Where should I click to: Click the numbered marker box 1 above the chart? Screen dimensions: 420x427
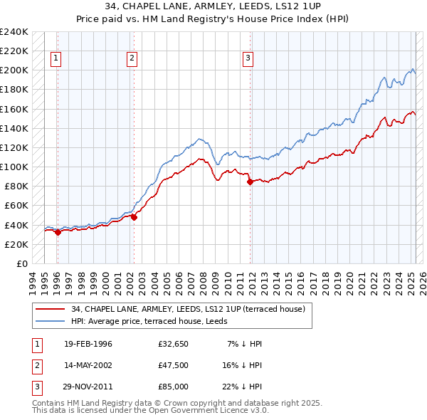[x=56, y=59]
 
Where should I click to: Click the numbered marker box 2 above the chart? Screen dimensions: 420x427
[x=132, y=59]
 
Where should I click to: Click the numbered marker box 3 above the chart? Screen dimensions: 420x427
[x=248, y=59]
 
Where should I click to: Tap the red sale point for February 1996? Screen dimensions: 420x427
[x=58, y=232]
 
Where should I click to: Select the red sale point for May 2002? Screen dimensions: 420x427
[x=134, y=217]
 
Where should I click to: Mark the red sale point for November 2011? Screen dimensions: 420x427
[x=250, y=182]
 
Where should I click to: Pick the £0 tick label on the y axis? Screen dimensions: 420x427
[x=21, y=263]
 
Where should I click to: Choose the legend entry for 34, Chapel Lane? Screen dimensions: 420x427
[x=188, y=309]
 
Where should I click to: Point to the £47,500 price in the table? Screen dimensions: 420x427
[x=174, y=365]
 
